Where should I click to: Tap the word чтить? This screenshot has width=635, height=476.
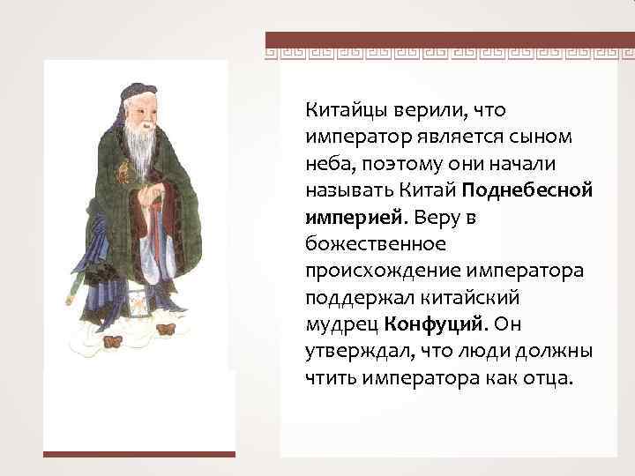329,378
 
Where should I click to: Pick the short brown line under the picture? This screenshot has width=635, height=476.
140,455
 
